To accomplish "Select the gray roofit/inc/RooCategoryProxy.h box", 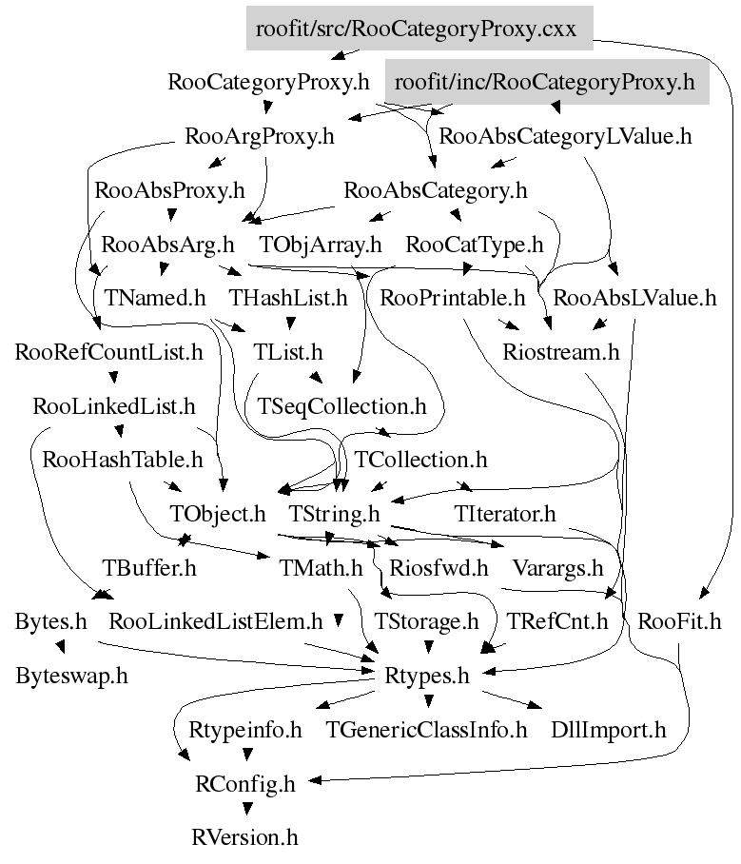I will point(547,83).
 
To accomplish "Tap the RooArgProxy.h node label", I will point(261,136).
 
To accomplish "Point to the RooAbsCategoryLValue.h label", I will point(566,136).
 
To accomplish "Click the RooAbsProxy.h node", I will point(170,190).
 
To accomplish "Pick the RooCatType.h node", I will point(474,245).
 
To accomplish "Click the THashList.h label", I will point(288,298).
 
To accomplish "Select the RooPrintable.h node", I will point(452,298).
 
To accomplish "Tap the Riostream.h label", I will point(561,352).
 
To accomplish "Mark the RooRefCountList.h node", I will point(109,352).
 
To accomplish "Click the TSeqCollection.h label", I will point(342,406).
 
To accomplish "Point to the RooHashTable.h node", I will point(123,460).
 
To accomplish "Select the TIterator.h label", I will point(504,515).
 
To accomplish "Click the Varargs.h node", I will point(558,568).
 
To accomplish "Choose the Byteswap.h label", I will point(71,677).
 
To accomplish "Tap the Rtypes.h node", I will point(428,677).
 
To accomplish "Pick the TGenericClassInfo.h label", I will point(426,730).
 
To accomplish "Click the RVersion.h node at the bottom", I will point(245,838).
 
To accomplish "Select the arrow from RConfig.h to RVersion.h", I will point(246,807).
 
